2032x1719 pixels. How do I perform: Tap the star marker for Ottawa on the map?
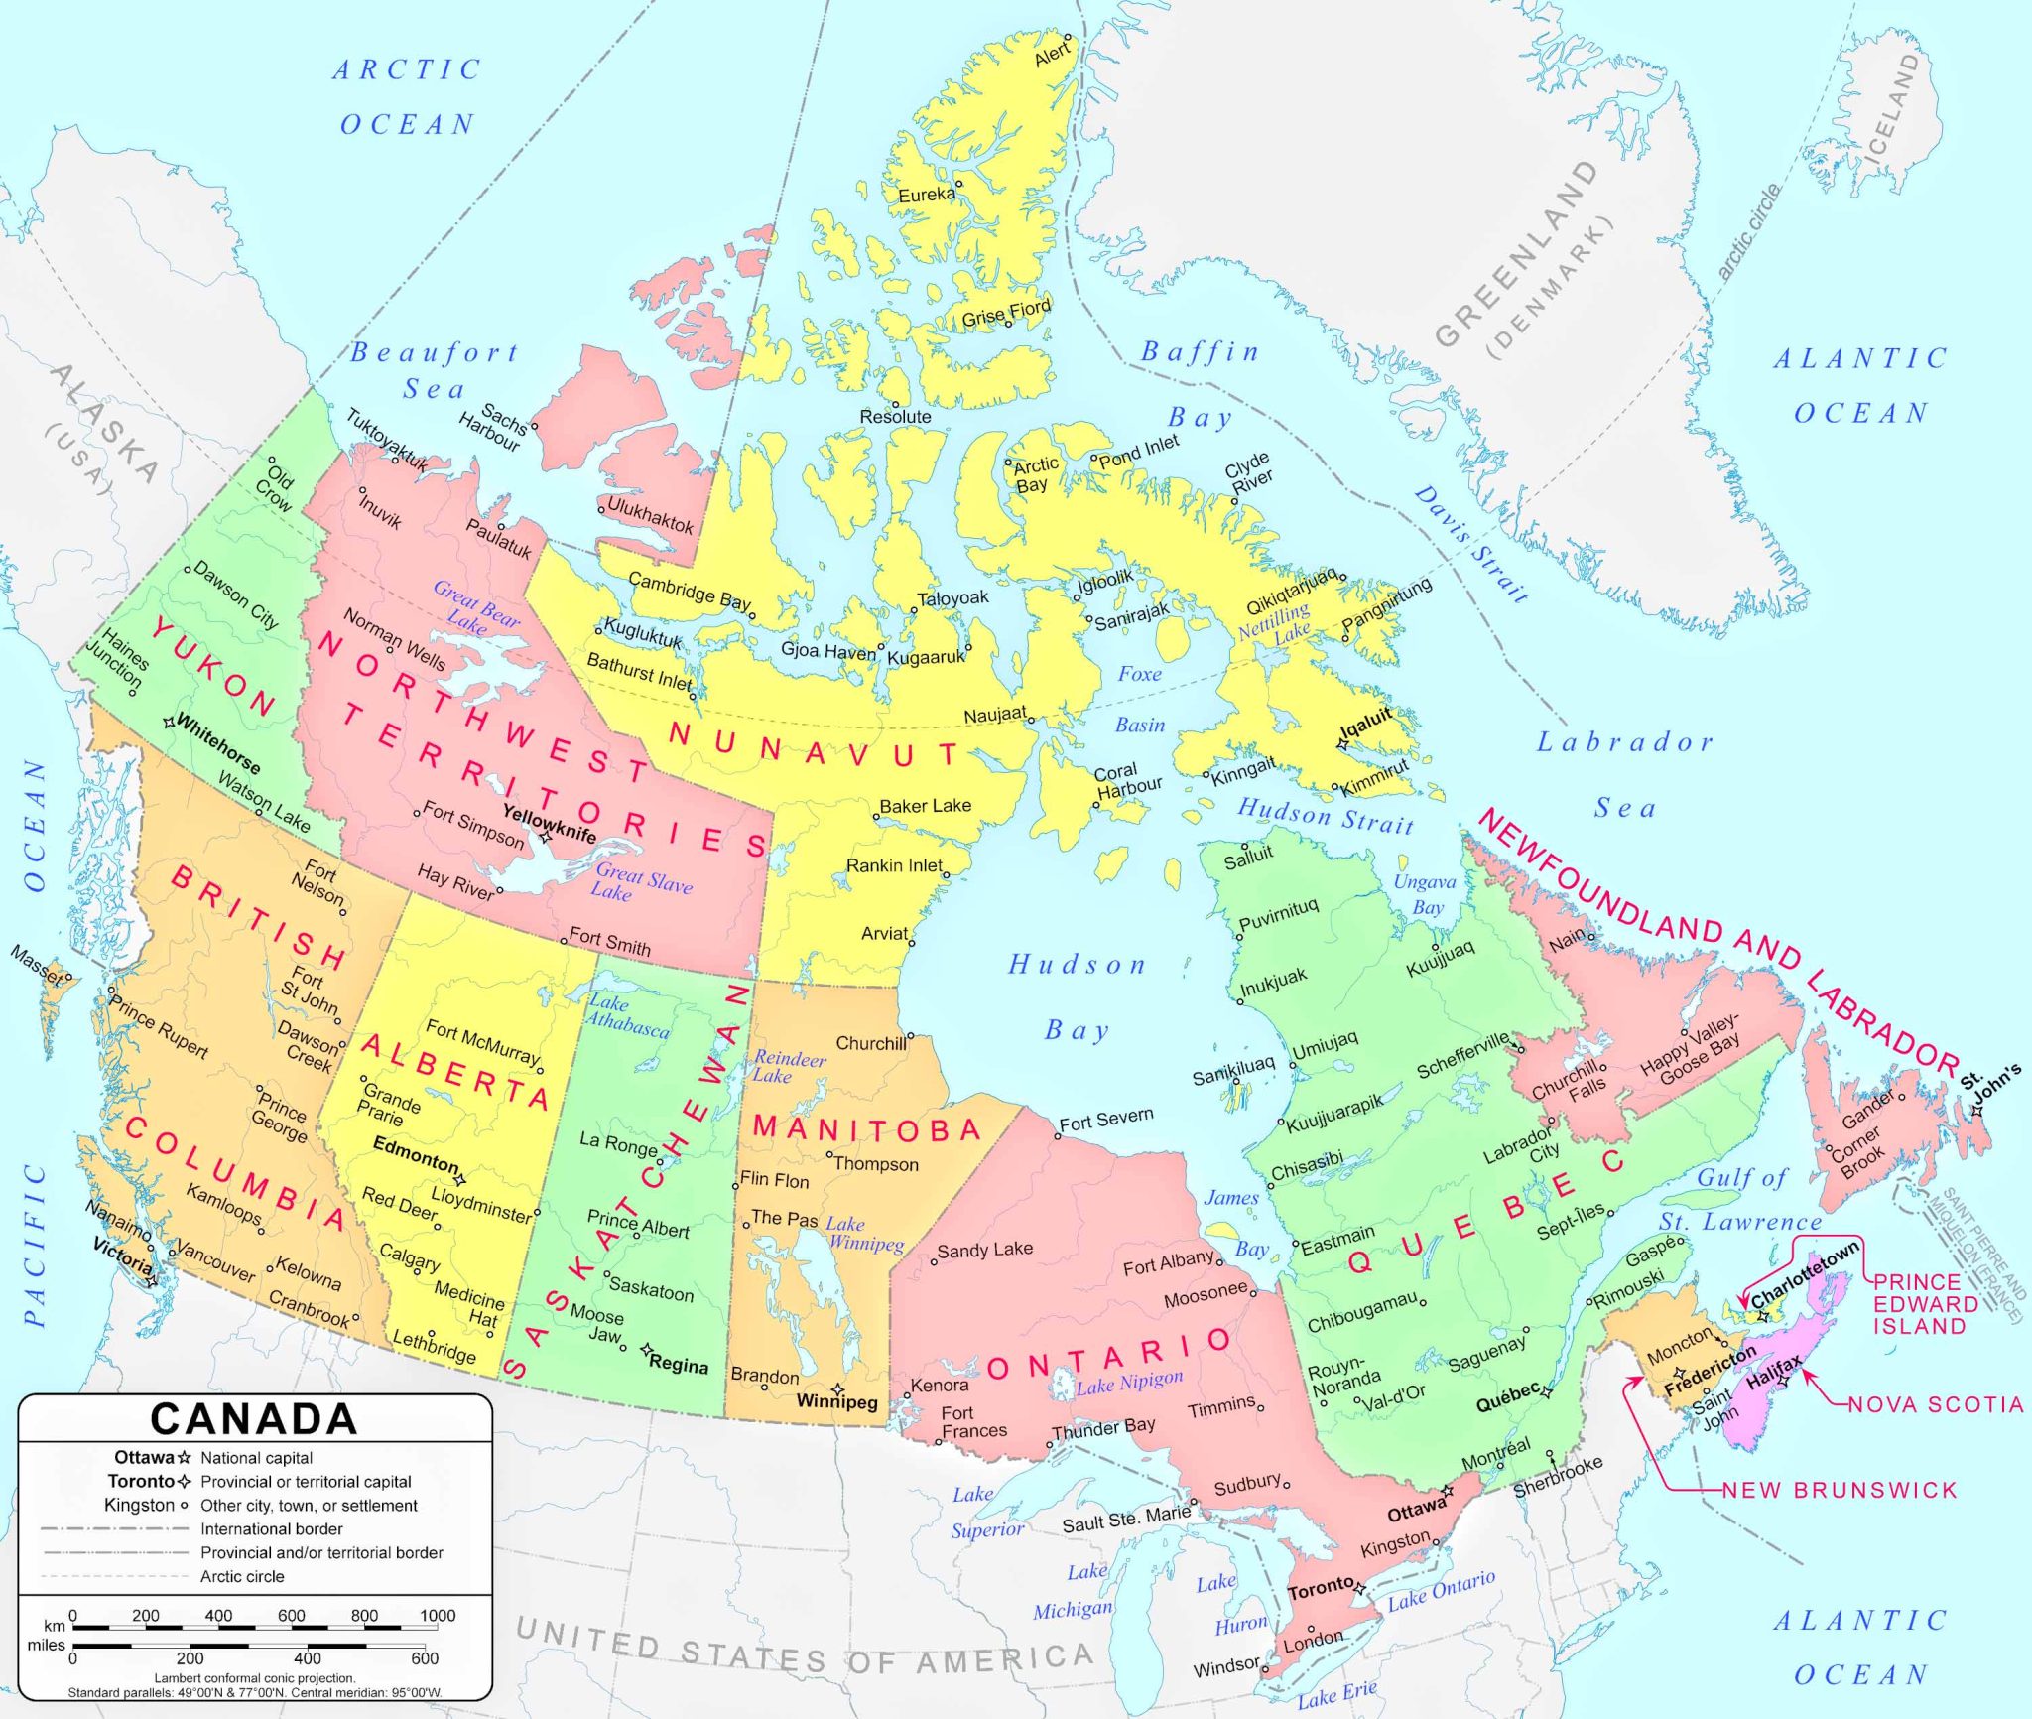pyautogui.click(x=1448, y=1491)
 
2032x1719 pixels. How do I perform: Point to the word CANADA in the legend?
pyautogui.click(x=254, y=1419)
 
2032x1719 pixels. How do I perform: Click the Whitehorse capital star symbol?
pyautogui.click(x=170, y=722)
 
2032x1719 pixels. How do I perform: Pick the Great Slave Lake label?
pyautogui.click(x=641, y=881)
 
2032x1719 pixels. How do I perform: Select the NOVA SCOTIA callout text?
pyautogui.click(x=1936, y=1404)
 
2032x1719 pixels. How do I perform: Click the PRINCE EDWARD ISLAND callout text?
pyautogui.click(x=1918, y=1304)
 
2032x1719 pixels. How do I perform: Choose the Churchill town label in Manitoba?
pyautogui.click(x=870, y=1043)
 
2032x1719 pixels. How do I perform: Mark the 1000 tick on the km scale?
pyautogui.click(x=438, y=1616)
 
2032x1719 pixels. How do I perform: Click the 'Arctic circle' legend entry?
pyautogui.click(x=242, y=1576)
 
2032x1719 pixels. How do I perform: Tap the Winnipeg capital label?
pyautogui.click(x=837, y=1402)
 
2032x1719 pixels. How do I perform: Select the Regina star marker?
pyautogui.click(x=646, y=1350)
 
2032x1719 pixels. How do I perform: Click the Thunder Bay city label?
pyautogui.click(x=1103, y=1428)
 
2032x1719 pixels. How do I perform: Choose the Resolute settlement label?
pyautogui.click(x=895, y=417)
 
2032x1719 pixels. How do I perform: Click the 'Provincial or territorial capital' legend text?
pyautogui.click(x=306, y=1482)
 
